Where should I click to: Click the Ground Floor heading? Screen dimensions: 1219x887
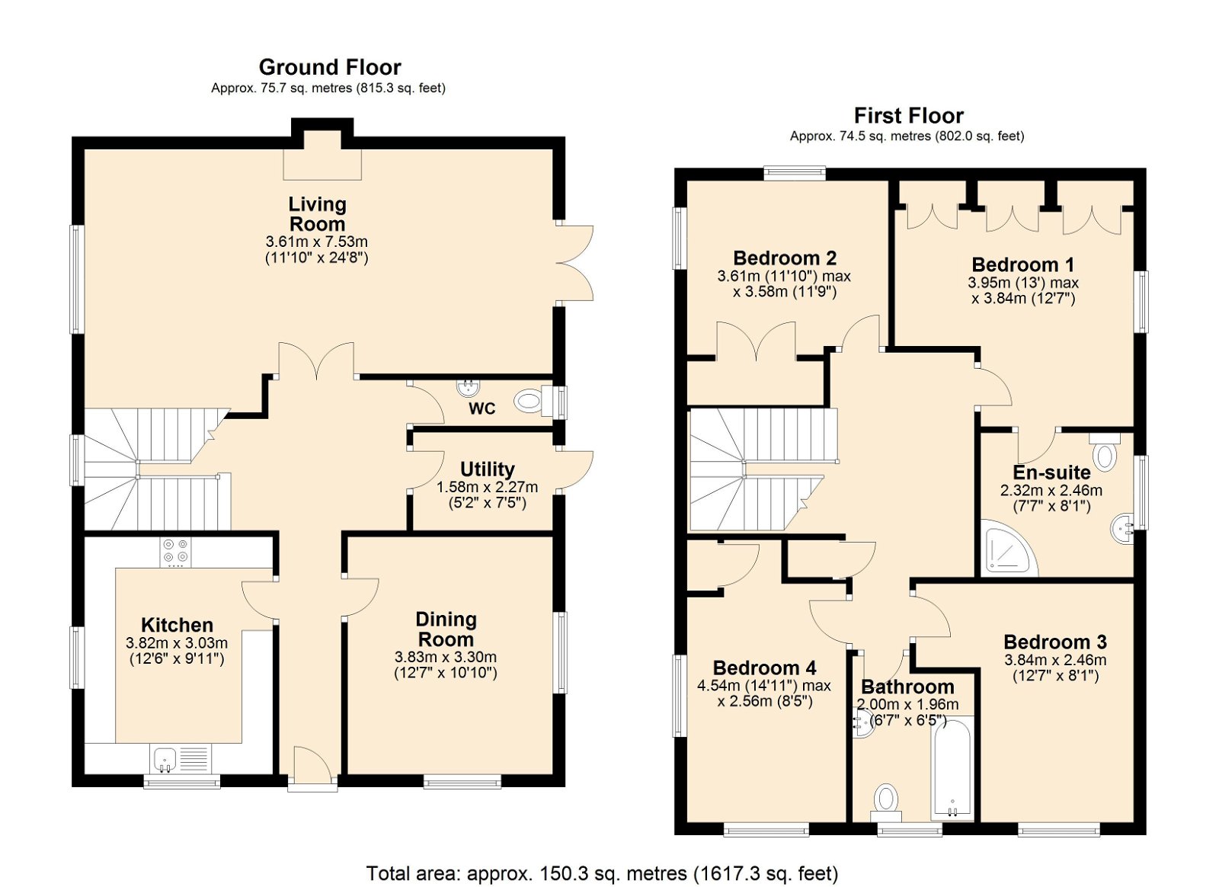pos(330,68)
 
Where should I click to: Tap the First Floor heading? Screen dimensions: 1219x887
pos(908,116)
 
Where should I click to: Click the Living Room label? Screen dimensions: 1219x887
pos(317,214)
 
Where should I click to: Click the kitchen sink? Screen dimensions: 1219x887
pos(165,761)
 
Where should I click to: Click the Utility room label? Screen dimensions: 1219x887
pos(487,469)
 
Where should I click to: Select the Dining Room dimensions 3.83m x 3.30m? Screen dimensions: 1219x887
pos(445,657)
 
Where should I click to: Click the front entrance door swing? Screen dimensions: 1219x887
pos(312,764)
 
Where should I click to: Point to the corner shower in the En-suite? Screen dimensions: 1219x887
pos(1009,548)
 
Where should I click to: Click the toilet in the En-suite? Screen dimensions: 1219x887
pos(1105,452)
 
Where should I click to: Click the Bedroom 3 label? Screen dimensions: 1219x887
pos(1055,642)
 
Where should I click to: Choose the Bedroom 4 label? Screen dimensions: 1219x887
pos(765,668)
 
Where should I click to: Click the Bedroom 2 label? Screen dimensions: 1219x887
pos(785,258)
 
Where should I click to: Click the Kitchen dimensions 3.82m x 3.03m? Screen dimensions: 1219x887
pos(177,642)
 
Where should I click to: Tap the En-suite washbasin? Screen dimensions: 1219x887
pos(1122,527)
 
